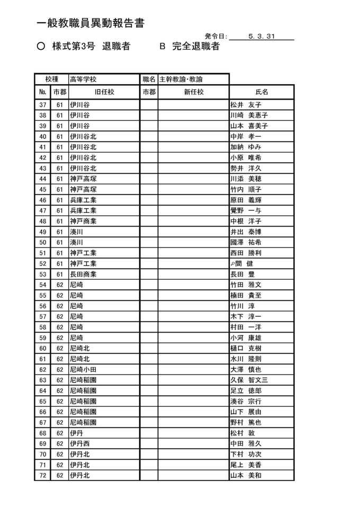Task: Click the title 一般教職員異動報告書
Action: [x=91, y=23]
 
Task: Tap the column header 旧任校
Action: [x=104, y=92]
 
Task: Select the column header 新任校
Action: [x=193, y=92]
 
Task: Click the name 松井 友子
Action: [x=246, y=105]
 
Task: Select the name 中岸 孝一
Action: [x=246, y=137]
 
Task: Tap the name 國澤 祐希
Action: [x=246, y=243]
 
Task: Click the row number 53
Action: [x=43, y=274]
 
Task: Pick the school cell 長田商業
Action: [x=83, y=274]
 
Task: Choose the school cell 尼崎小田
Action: [x=83, y=370]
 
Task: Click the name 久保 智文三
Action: [x=249, y=380]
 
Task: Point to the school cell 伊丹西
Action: [x=80, y=444]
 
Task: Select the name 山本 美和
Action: [x=246, y=476]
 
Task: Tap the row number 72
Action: [x=43, y=476]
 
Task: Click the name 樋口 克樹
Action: [x=246, y=349]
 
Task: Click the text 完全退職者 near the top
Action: [x=195, y=47]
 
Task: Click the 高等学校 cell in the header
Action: [x=83, y=79]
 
